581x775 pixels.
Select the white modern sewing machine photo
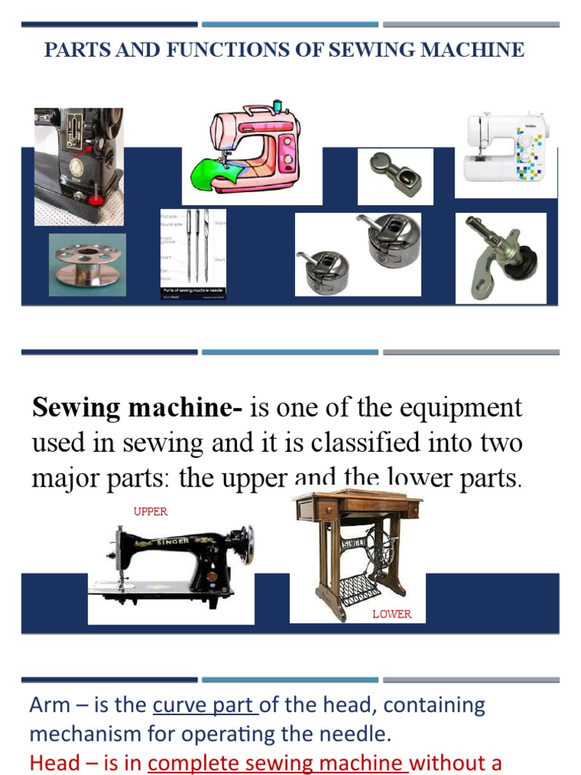506,148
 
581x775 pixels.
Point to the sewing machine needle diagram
192,254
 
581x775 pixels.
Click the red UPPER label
151,512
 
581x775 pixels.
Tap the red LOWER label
392,614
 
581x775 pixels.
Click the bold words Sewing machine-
137,408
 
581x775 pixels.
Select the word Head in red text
53,763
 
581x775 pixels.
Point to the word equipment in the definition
461,408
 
